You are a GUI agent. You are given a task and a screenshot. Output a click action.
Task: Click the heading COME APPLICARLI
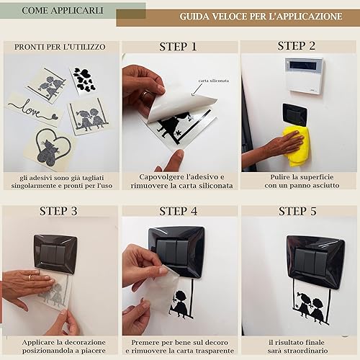pos(63,11)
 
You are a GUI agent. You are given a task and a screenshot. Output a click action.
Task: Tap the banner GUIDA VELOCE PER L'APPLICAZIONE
pos(261,17)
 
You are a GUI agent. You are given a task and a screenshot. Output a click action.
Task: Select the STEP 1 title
pos(178,47)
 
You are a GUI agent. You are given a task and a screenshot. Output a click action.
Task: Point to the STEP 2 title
pos(297,46)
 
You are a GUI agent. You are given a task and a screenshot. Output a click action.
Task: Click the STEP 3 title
pos(58,211)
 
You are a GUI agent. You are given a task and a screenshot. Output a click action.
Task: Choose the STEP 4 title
pos(179,211)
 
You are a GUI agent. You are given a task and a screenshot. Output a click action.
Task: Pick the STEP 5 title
pos(297,211)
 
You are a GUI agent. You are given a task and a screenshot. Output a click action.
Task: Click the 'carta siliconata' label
pos(214,81)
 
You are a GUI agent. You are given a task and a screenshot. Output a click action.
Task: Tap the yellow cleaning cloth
pos(296,146)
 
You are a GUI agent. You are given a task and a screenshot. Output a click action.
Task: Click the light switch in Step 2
pos(294,114)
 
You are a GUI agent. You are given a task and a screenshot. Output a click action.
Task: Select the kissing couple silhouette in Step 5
pos(311,307)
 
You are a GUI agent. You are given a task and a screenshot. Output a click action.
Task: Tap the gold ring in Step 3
pos(30,277)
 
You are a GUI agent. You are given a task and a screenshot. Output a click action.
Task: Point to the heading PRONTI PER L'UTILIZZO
pos(60,47)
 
